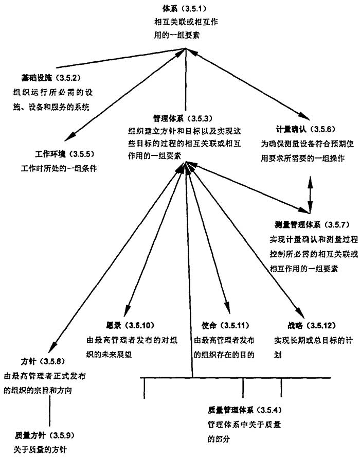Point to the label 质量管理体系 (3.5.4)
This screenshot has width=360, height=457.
pyautogui.click(x=245, y=410)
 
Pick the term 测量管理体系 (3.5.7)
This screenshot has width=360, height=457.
pyautogui.click(x=312, y=225)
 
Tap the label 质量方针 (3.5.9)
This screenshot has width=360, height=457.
pyautogui.click(x=46, y=435)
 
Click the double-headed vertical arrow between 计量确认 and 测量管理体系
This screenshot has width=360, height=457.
pyautogui.click(x=310, y=195)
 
